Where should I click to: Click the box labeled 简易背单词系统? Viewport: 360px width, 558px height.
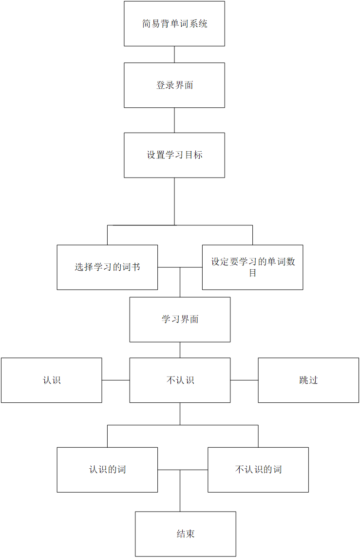(x=174, y=24)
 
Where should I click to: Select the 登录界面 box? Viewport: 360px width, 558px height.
(x=174, y=85)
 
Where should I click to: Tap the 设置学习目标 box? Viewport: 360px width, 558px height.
(x=174, y=155)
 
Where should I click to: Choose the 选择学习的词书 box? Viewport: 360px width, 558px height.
(x=107, y=267)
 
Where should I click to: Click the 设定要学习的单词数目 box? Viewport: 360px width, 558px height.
(x=252, y=267)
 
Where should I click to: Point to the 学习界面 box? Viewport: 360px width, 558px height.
(x=180, y=319)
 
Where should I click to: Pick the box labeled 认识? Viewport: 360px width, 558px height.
(x=52, y=380)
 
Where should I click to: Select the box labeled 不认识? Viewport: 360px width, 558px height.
(x=180, y=380)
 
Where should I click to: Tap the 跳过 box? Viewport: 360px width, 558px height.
(x=308, y=380)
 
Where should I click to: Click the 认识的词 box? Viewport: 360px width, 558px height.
(x=107, y=470)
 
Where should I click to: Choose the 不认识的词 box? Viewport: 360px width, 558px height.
(x=258, y=470)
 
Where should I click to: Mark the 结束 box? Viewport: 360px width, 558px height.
(x=186, y=534)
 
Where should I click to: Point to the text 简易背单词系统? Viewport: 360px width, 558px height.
(x=174, y=24)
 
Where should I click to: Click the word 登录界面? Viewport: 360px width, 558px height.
(x=174, y=85)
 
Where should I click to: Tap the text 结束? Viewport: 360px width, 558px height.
(x=186, y=534)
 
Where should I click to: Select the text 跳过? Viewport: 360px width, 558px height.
(x=308, y=380)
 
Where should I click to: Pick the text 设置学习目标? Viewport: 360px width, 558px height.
(x=174, y=155)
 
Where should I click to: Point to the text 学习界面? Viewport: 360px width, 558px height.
(x=180, y=319)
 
